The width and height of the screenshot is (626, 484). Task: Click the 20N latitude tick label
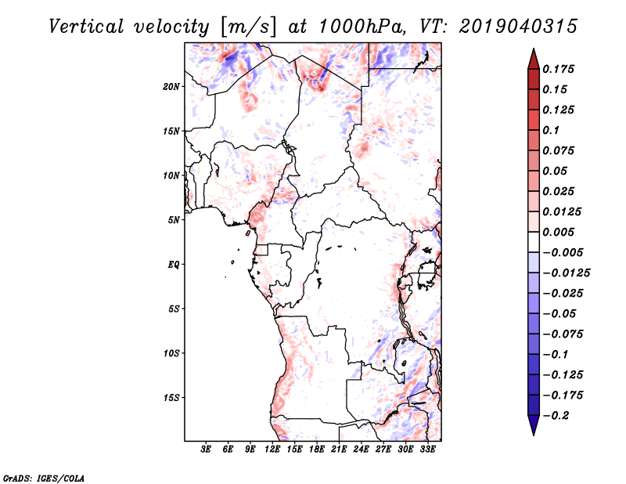coord(171,87)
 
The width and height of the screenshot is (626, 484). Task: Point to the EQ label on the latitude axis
coord(174,265)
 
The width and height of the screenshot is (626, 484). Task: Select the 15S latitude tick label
coord(171,398)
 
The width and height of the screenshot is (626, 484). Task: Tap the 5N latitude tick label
coord(174,220)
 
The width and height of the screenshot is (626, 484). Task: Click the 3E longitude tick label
coord(206,449)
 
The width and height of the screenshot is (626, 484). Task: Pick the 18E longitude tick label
coord(317,449)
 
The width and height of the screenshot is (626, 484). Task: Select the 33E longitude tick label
coord(427,449)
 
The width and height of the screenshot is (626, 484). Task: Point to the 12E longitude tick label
coord(272,449)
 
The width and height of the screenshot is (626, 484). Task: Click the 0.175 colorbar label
coord(558,69)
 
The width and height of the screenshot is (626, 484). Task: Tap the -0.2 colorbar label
coord(556,416)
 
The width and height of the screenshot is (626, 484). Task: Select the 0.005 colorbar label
coord(558,232)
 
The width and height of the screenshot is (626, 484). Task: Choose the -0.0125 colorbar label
coord(566,273)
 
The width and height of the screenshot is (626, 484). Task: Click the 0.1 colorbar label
coord(551,130)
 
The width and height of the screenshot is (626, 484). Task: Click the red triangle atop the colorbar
coord(534,59)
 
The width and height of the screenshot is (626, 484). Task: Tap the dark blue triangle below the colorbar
coord(534,425)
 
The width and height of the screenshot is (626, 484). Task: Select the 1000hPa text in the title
coord(360,27)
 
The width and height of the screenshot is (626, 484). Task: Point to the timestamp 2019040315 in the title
coord(518,27)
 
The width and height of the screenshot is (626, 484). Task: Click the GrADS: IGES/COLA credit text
coord(44,479)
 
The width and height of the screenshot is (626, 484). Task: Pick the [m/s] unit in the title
coord(248,27)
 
